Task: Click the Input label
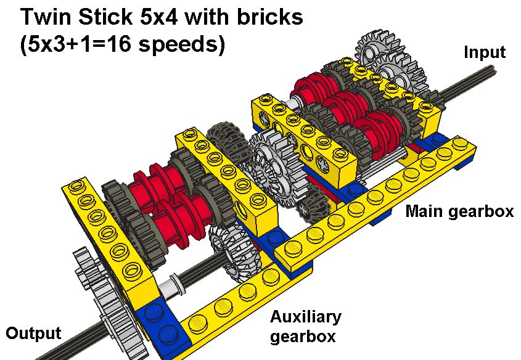(x=484, y=52)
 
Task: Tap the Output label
(x=34, y=333)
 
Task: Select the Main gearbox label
(x=459, y=211)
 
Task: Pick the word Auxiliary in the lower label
(x=305, y=317)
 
